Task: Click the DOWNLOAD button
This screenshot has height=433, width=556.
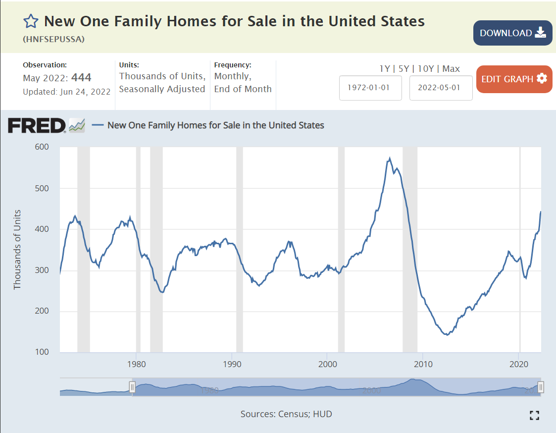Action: tap(512, 33)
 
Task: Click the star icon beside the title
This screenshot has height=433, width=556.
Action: tap(31, 21)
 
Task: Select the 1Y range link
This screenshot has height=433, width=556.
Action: tap(385, 69)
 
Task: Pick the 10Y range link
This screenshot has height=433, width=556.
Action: tap(426, 69)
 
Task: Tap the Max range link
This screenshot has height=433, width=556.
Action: tap(451, 69)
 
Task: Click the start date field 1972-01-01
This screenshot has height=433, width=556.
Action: tap(370, 88)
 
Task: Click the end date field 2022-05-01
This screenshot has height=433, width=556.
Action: tap(441, 88)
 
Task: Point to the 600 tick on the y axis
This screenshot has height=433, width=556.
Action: tap(42, 147)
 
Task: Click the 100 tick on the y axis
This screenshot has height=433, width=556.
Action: tap(42, 352)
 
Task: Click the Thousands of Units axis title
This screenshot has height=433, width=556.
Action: tap(18, 250)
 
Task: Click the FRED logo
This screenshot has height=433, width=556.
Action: tap(37, 125)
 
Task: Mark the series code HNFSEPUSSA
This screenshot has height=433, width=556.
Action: tap(53, 39)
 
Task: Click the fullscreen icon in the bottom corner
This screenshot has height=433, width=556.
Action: tap(534, 415)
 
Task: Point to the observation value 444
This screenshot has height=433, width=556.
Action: tap(81, 77)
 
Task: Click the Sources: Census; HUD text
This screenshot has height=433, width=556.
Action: tap(286, 414)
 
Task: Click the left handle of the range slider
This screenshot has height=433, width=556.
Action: tap(132, 387)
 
